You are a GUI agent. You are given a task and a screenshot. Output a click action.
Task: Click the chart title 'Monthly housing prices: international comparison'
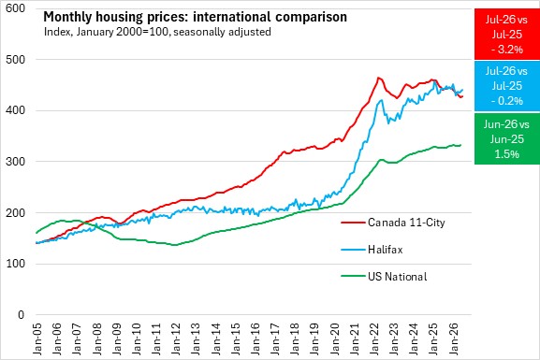pos(195,17)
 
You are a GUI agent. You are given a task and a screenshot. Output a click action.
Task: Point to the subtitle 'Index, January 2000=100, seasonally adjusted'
pos(157,32)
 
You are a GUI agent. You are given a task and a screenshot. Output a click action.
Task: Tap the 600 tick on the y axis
pos(16,8)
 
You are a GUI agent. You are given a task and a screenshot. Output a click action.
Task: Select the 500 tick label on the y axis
pos(16,59)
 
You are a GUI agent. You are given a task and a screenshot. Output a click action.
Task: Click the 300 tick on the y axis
pos(16,162)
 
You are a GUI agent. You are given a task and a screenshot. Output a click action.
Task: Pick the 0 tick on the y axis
pos(22,314)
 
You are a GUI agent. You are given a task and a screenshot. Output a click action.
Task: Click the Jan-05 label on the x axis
pos(37,338)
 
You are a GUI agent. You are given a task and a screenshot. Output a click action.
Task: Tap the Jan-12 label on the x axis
pos(176,338)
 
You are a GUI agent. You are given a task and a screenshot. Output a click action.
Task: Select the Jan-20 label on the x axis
pos(335,338)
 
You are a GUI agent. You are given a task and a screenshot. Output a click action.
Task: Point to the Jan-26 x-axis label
pos(454,338)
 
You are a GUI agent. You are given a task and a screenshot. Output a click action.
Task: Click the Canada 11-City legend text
pos(406,223)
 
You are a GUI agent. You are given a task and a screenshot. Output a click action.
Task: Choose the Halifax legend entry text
pos(385,249)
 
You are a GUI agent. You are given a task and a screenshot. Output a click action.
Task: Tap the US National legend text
pos(398,277)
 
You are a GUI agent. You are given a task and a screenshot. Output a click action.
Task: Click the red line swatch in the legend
pos(353,223)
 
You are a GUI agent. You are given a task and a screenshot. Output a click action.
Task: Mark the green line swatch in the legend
pos(353,276)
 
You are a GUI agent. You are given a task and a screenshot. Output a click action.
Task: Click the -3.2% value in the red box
pos(507,50)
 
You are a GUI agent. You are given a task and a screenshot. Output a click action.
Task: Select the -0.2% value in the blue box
pos(507,101)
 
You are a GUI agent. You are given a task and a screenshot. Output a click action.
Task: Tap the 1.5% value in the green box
pos(507,153)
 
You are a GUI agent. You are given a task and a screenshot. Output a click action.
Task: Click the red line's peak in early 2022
pos(378,78)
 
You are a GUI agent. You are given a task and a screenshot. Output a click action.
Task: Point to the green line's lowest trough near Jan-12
pos(175,245)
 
